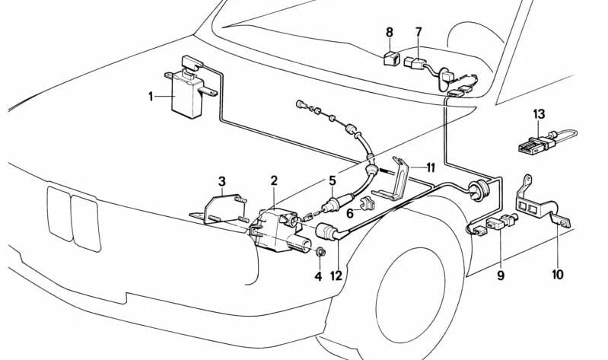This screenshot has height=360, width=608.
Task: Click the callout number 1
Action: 151,97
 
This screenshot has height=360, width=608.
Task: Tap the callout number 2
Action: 274,180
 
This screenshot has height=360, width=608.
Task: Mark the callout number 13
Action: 539,114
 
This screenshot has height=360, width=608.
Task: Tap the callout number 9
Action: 501,275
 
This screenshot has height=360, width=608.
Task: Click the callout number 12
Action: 336,275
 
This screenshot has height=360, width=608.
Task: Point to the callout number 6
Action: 349,215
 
